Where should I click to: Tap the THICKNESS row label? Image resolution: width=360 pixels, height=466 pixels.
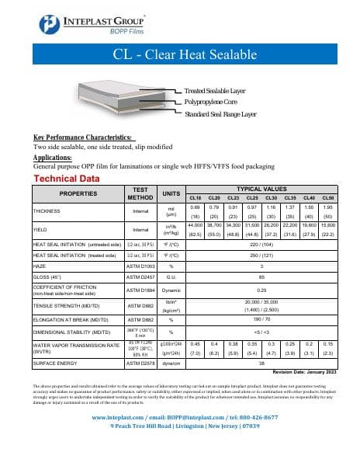48,210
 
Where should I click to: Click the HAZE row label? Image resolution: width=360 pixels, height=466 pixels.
40,265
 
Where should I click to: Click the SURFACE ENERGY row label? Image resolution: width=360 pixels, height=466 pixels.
54,362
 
